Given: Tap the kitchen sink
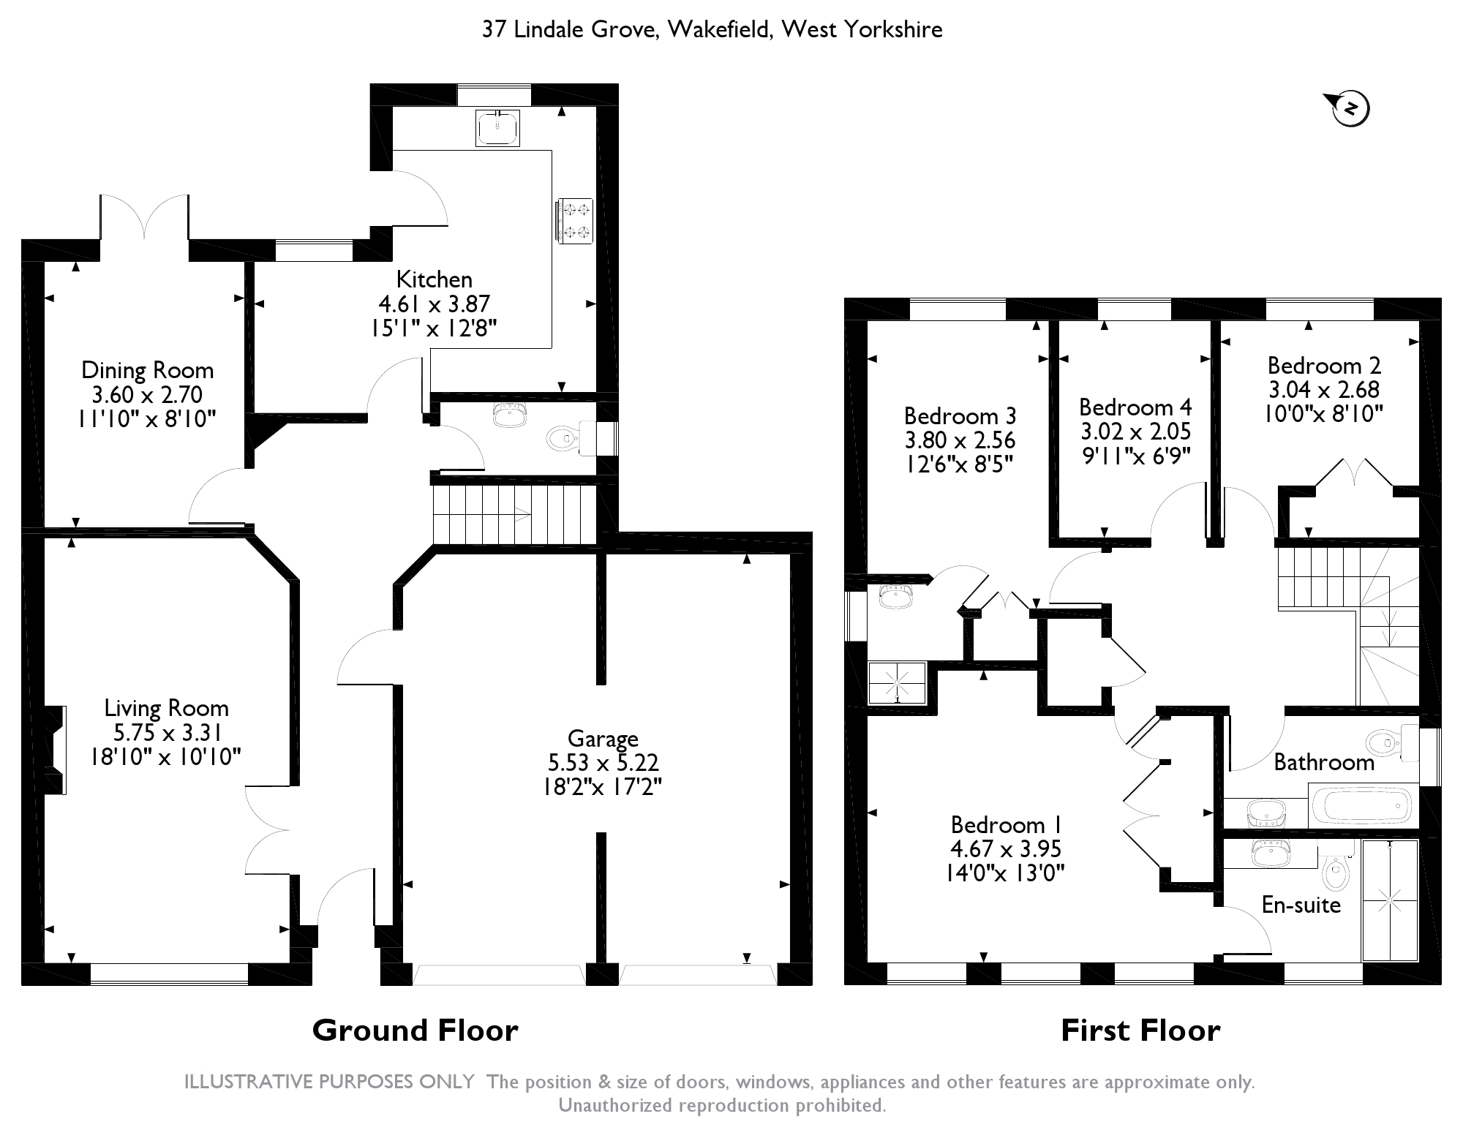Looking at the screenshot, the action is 497,128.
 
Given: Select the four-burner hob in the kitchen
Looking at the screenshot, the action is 575,221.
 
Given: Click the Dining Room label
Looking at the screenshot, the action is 147,370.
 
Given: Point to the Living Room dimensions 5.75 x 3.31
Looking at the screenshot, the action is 168,732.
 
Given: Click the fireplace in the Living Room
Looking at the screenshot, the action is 56,750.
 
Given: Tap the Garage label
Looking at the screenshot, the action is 603,739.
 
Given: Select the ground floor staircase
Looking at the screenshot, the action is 516,516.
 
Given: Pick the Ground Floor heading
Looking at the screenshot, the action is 415,1031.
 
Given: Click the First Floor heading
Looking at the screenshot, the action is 1140,1031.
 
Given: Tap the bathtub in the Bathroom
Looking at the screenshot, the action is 1361,806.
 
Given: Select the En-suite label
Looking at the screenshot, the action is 1301,905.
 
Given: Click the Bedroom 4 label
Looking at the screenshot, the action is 1135,407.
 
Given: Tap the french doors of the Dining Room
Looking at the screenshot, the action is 145,216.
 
